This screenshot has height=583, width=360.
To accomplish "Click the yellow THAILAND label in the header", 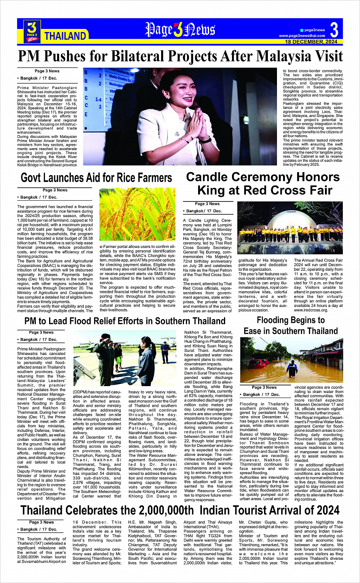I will tap(65, 36).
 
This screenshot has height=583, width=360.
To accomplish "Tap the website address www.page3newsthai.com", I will tap(302, 36).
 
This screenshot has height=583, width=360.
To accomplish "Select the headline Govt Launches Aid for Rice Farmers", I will tap(96, 178).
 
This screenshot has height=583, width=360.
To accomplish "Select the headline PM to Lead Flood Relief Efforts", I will tap(125, 321).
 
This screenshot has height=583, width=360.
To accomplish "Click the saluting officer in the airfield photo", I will tap(104, 354).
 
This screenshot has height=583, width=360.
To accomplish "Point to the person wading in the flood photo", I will tap(292, 368).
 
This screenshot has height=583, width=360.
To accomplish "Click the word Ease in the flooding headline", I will tap(253, 331).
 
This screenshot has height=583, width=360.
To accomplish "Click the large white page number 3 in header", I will tap(334, 30).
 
